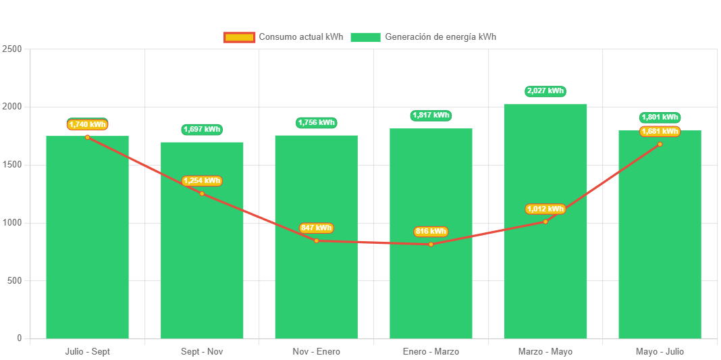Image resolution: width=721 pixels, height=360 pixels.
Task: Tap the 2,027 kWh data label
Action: [x=545, y=91]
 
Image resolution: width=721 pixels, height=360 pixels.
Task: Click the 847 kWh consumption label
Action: [x=317, y=228]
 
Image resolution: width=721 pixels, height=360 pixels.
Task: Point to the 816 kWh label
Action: [x=431, y=232]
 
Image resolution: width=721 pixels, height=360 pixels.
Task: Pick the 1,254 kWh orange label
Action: [x=202, y=181]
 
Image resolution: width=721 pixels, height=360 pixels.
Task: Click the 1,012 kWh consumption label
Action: [x=545, y=209]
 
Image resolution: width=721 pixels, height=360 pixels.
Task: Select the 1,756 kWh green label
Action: [x=317, y=123]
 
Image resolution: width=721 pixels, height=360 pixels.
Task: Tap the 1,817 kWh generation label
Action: [x=431, y=115]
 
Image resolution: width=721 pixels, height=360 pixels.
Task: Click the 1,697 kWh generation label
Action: [x=202, y=130]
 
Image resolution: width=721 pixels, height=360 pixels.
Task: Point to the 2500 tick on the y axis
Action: [x=12, y=49]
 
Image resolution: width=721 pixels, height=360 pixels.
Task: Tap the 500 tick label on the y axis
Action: [x=14, y=280]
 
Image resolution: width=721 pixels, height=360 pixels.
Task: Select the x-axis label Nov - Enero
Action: [x=317, y=352]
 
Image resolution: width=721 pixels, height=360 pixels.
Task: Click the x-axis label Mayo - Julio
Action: [x=660, y=352]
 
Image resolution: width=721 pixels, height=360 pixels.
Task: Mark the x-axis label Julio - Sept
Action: [x=87, y=352]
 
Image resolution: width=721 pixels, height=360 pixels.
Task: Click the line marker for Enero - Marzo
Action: [x=431, y=244]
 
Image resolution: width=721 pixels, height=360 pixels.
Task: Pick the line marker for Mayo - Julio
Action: [x=660, y=144]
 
